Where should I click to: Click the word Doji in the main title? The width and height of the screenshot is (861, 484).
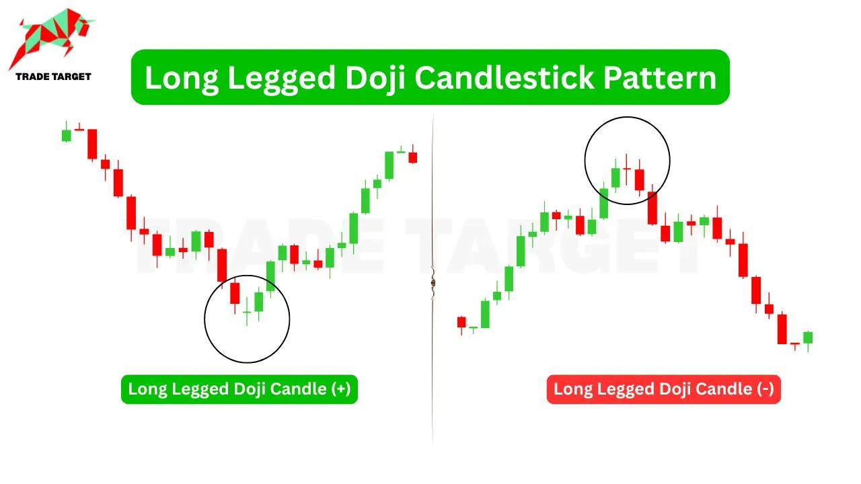(375, 79)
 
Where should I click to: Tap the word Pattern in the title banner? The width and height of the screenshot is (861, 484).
(660, 78)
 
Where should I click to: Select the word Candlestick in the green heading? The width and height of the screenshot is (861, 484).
(504, 78)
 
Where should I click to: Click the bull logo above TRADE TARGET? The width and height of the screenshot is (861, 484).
(52, 38)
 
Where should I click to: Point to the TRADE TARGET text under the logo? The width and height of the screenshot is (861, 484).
(53, 77)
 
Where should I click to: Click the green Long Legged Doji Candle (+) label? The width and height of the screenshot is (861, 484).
(239, 389)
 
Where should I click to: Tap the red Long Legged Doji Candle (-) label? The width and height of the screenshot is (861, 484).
(663, 389)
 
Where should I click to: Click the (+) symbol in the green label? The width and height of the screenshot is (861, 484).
(341, 389)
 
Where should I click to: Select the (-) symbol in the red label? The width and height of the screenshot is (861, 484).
(765, 389)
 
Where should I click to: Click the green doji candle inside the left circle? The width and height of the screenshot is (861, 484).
(247, 311)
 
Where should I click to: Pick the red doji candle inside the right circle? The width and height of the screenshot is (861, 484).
(626, 169)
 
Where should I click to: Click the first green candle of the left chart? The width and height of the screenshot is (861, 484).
(67, 135)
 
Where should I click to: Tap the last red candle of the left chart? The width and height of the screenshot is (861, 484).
(413, 157)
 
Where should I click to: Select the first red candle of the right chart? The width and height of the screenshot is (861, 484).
(461, 322)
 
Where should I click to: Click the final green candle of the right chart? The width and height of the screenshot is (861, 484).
(808, 337)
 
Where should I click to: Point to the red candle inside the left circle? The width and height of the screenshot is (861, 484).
(235, 294)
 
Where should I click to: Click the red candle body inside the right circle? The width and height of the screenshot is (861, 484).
(640, 179)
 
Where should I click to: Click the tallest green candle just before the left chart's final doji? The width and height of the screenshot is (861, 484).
(389, 165)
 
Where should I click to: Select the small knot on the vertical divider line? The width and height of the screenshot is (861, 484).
(433, 283)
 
